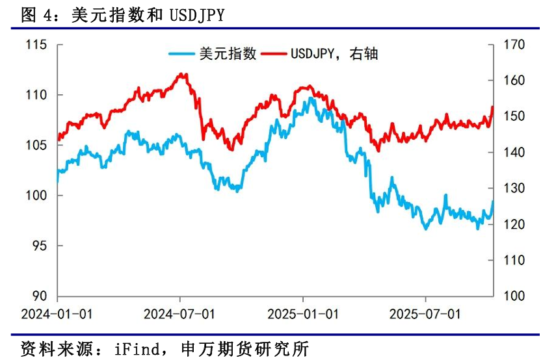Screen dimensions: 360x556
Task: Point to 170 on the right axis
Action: click(514, 45)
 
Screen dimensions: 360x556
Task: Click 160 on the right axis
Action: click(514, 81)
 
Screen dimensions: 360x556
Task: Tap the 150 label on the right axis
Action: click(514, 116)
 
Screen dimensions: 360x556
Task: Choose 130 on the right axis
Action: click(514, 188)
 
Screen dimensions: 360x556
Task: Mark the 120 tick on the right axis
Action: click(514, 224)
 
